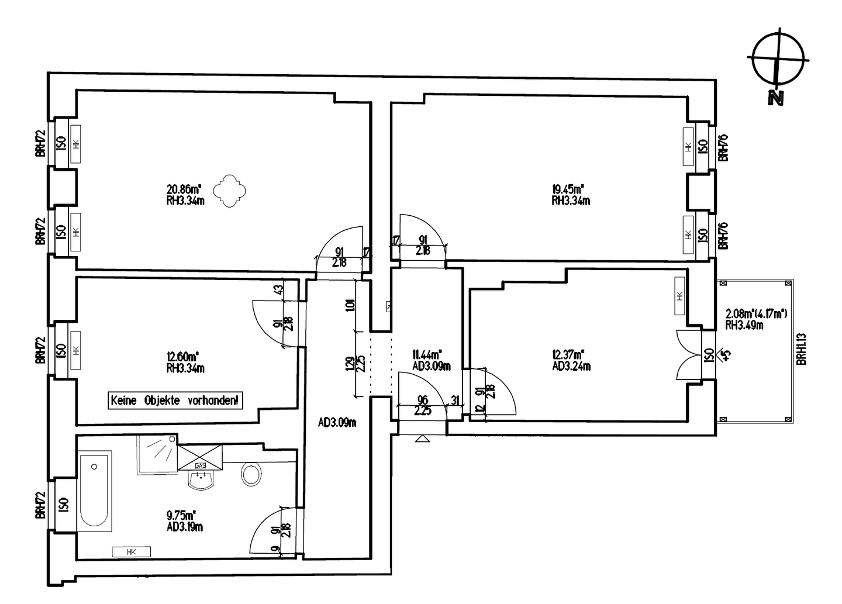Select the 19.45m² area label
[568, 189]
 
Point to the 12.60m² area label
[182, 356]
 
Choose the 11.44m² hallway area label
[427, 354]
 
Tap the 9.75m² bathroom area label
[181, 515]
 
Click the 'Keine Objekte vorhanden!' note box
[175, 401]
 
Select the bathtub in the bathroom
[95, 491]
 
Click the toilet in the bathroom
[251, 474]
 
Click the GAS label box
[200, 465]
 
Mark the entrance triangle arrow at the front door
[422, 438]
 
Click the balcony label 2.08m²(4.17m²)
[756, 314]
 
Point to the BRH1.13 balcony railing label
[802, 349]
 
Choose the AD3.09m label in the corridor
[337, 423]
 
